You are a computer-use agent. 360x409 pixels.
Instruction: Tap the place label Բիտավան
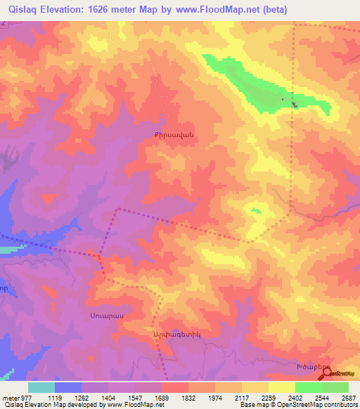[x=173, y=134]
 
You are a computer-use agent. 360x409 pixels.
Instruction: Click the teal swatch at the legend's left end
[x=41, y=387]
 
